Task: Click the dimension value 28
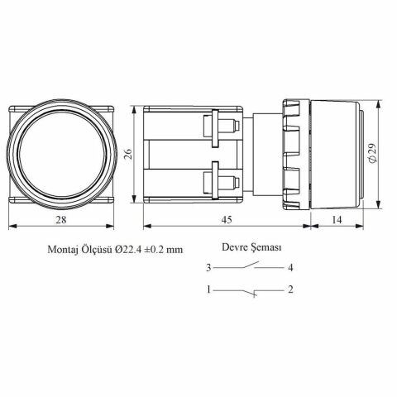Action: point(61,220)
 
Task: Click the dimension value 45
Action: point(227,220)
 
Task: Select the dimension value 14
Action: point(337,220)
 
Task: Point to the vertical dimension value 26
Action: point(127,155)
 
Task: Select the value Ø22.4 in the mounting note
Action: point(128,250)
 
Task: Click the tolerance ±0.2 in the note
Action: point(155,250)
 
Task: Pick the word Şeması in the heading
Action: point(266,247)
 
